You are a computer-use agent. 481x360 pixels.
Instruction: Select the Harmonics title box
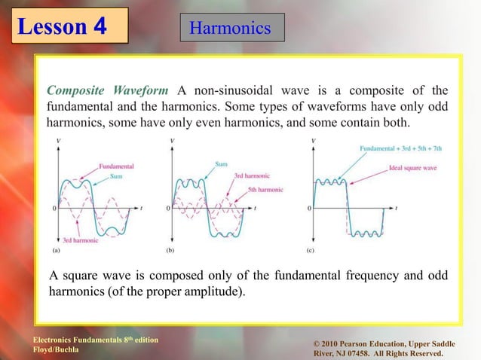point(230,29)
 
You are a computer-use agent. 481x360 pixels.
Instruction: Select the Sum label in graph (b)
point(222,163)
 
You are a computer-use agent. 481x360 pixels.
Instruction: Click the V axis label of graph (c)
point(314,141)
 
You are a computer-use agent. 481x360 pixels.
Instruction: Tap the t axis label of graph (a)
point(143,207)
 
